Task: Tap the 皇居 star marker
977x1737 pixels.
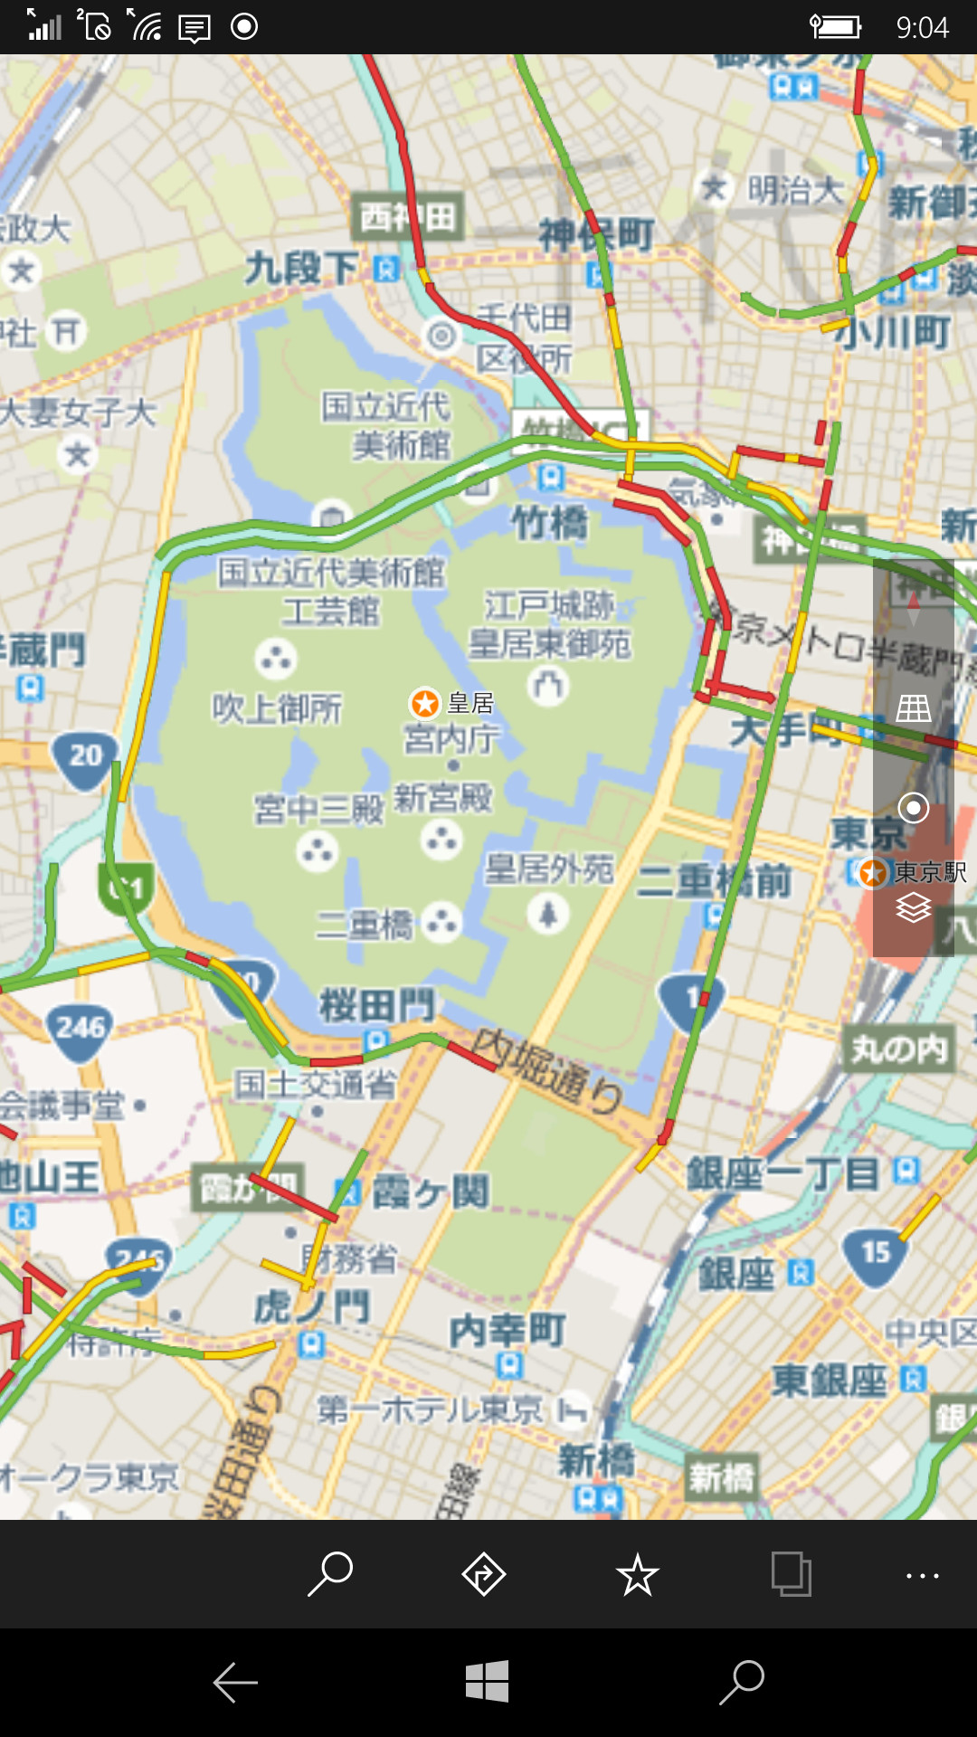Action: pyautogui.click(x=425, y=703)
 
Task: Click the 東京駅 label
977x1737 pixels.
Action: pyautogui.click(x=930, y=872)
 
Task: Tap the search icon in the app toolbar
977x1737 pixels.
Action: pyautogui.click(x=330, y=1574)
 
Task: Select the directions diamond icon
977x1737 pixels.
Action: pyautogui.click(x=484, y=1574)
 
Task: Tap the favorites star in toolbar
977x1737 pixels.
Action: pyautogui.click(x=638, y=1575)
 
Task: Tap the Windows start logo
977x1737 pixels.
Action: pyautogui.click(x=488, y=1682)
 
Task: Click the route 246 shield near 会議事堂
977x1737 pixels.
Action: pyautogui.click(x=81, y=1030)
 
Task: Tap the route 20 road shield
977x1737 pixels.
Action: pyautogui.click(x=85, y=757)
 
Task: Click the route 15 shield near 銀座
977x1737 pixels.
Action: pyautogui.click(x=875, y=1254)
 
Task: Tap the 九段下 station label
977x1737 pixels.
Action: pyautogui.click(x=302, y=268)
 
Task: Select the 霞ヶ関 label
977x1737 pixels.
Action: pyautogui.click(x=431, y=1191)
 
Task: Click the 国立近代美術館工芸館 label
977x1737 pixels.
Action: pyautogui.click(x=331, y=591)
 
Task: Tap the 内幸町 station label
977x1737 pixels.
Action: pyautogui.click(x=507, y=1330)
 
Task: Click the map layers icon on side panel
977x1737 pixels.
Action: pyautogui.click(x=914, y=906)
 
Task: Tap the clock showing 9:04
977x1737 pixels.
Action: pyautogui.click(x=922, y=27)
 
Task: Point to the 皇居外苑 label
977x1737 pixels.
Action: pyautogui.click(x=548, y=869)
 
